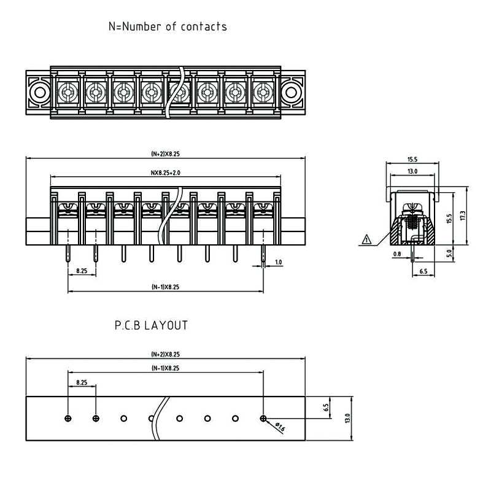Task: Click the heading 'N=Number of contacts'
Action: pyautogui.click(x=168, y=26)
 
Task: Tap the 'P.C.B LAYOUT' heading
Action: pyautogui.click(x=151, y=325)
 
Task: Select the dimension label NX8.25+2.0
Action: pyautogui.click(x=165, y=173)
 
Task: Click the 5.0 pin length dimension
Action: pyautogui.click(x=450, y=252)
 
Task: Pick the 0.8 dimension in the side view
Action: pyautogui.click(x=396, y=253)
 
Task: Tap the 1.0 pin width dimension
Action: pyautogui.click(x=279, y=262)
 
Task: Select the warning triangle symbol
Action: pyautogui.click(x=366, y=240)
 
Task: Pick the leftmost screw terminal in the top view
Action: pyautogui.click(x=66, y=93)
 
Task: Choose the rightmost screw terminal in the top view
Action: pyautogui.click(x=263, y=93)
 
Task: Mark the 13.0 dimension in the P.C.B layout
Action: pyautogui.click(x=347, y=419)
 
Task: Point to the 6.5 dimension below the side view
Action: pyautogui.click(x=423, y=270)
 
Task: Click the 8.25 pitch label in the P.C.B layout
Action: pyautogui.click(x=82, y=382)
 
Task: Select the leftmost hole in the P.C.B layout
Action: pyautogui.click(x=68, y=418)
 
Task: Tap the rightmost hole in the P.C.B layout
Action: pyautogui.click(x=263, y=418)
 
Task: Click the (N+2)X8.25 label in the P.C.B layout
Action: pyautogui.click(x=165, y=355)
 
